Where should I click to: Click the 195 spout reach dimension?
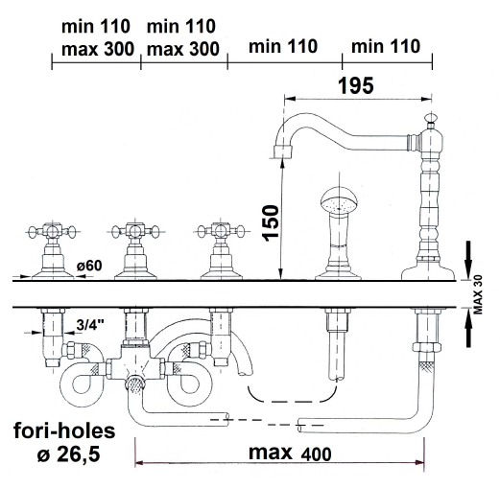pos(356,85)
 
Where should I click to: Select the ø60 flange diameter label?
pos(89,266)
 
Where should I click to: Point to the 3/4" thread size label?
pos(90,325)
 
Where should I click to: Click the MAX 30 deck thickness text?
pos(478,294)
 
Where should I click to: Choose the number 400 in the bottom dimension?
pos(316,454)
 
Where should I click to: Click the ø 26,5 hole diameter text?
pos(68,453)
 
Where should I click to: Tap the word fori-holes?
pos(64,430)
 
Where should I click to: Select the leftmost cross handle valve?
pos(53,251)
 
